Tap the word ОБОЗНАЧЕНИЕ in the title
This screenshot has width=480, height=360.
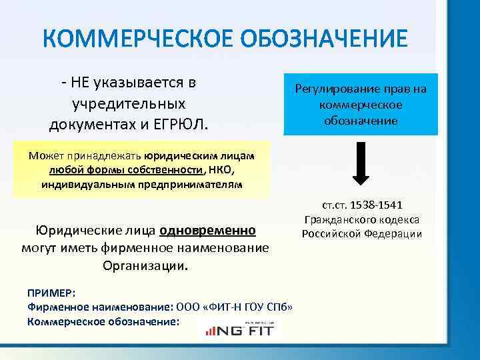319,39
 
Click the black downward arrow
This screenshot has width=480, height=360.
360,163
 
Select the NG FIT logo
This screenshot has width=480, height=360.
241,327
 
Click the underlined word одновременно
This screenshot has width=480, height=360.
207,231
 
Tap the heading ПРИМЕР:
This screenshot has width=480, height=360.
51,293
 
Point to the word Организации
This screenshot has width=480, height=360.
145,266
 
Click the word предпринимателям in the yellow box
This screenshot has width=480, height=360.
202,183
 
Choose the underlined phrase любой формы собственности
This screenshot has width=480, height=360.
126,169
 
